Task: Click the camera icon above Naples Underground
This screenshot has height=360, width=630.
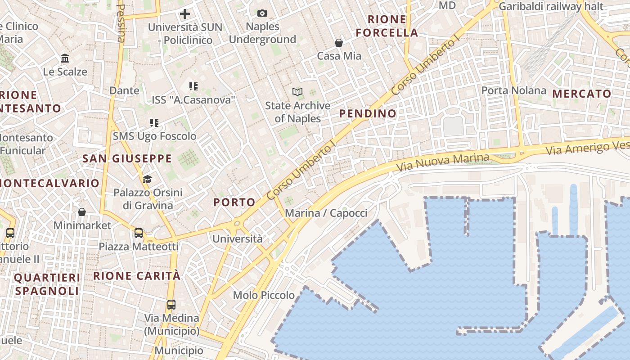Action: click(x=262, y=13)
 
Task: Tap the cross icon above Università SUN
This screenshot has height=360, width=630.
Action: click(x=185, y=14)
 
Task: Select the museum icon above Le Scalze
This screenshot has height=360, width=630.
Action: click(x=65, y=58)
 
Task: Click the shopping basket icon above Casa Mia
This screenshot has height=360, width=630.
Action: click(x=339, y=43)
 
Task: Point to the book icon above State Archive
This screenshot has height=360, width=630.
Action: click(x=297, y=92)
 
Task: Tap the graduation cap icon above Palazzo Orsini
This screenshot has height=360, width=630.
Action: click(x=147, y=180)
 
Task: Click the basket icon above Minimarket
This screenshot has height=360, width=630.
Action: click(x=82, y=211)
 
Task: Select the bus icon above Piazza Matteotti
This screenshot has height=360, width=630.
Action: click(x=139, y=233)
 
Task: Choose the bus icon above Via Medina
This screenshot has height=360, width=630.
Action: click(x=171, y=304)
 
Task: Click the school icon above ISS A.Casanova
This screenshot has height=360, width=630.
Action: click(x=193, y=86)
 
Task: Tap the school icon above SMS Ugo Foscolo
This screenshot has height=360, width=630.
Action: click(x=154, y=122)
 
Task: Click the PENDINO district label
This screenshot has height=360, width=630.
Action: click(x=368, y=114)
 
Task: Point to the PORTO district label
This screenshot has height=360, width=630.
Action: click(x=234, y=202)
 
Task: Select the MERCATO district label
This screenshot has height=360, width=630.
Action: click(x=582, y=94)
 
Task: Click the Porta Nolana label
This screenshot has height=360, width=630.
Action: click(x=513, y=90)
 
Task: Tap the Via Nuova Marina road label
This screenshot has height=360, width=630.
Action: click(x=442, y=162)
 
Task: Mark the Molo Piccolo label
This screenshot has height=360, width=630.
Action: click(x=264, y=296)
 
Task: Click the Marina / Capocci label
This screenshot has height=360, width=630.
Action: click(x=326, y=213)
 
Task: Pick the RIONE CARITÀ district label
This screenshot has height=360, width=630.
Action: click(x=137, y=276)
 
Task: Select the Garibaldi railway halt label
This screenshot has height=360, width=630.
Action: click(x=551, y=6)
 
